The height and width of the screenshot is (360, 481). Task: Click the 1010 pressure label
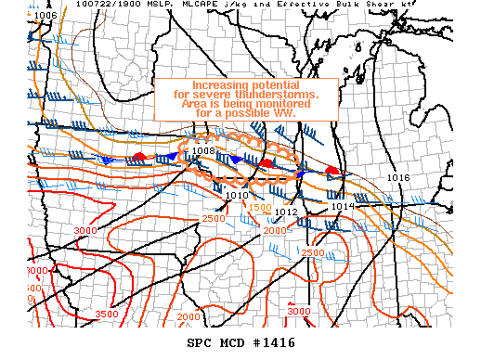(x=237, y=196)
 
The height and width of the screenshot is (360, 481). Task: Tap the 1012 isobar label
(x=285, y=212)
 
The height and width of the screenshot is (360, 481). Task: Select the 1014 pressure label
(x=342, y=206)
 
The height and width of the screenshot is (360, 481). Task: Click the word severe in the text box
(x=213, y=96)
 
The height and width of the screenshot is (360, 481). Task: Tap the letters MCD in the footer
(x=235, y=342)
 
